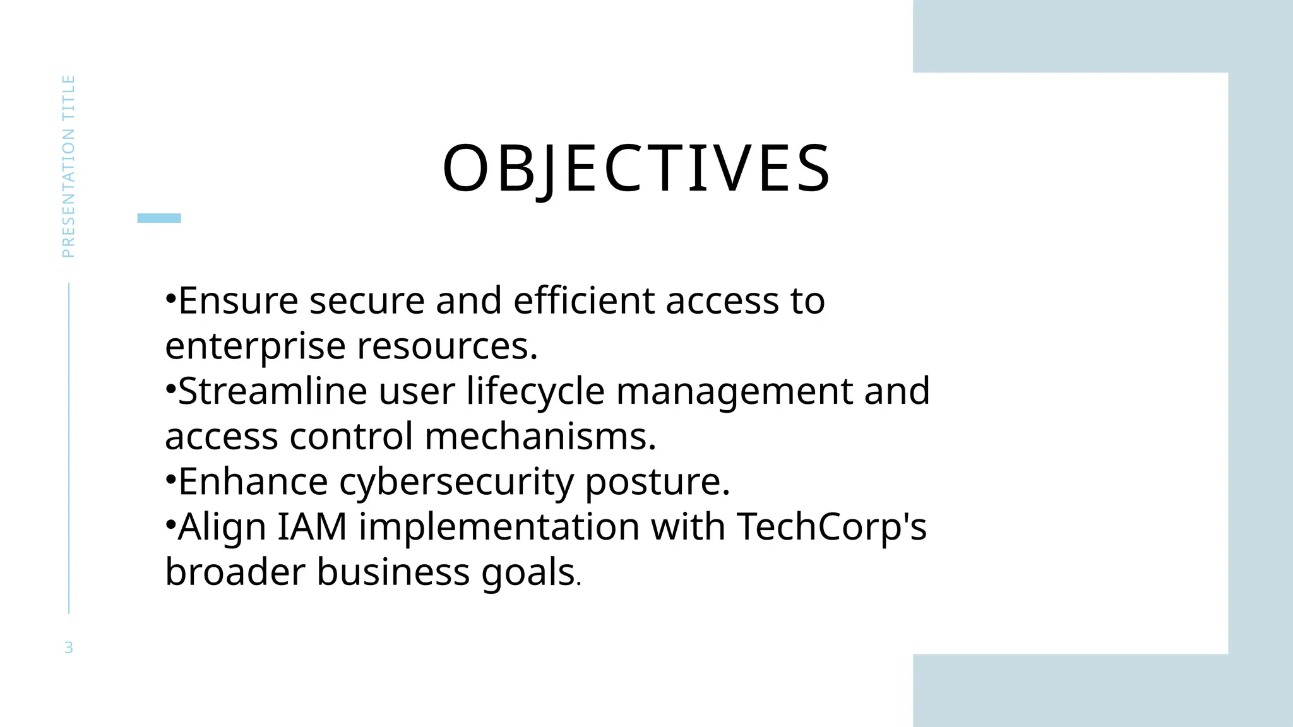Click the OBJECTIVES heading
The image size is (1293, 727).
pyautogui.click(x=636, y=168)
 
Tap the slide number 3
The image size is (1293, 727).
pyautogui.click(x=69, y=647)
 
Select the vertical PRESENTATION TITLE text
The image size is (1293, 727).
pyautogui.click(x=68, y=166)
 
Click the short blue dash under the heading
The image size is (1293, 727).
pyautogui.click(x=159, y=218)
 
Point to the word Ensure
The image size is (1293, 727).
pyautogui.click(x=238, y=300)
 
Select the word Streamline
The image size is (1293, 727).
pyautogui.click(x=272, y=391)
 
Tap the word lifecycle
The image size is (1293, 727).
pyautogui.click(x=535, y=391)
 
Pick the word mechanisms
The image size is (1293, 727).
pyautogui.click(x=540, y=436)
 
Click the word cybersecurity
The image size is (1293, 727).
pyautogui.click(x=456, y=482)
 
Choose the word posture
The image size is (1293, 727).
pyautogui.click(x=657, y=482)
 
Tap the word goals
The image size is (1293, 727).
pyautogui.click(x=528, y=572)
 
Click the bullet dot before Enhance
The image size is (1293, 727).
pyautogui.click(x=170, y=480)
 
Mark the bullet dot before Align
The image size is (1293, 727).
pyautogui.click(x=170, y=525)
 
